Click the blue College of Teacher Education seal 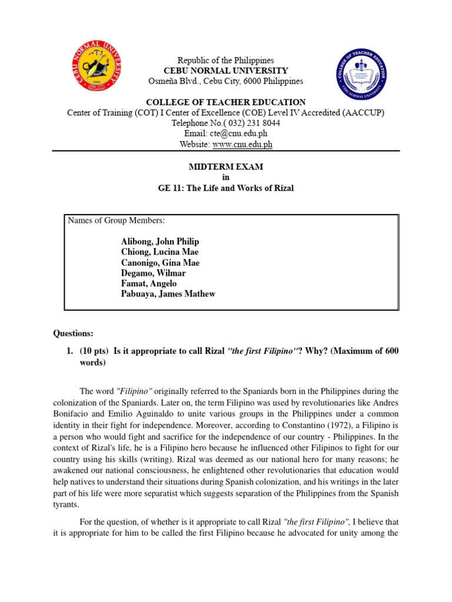tap(362, 75)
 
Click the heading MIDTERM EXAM tap(226, 167)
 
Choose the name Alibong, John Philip tap(160, 242)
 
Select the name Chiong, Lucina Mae tap(160, 252)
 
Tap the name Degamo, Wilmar tap(154, 273)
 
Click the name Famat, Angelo tap(149, 284)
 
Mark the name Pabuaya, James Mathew tap(168, 295)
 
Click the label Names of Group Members tap(117, 220)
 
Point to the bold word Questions tap(73, 333)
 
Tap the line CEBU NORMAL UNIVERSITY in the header tap(226, 71)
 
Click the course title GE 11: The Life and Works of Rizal tap(226, 188)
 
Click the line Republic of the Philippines tap(226, 61)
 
